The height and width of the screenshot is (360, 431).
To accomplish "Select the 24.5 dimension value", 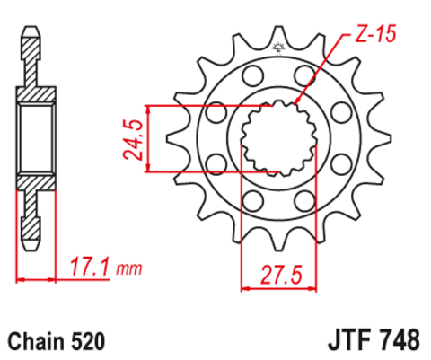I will click(131, 137).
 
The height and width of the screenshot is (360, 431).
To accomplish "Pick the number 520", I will click(90, 341).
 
